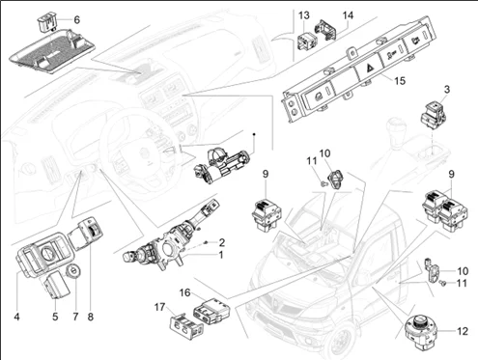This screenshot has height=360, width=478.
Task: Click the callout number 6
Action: [x=76, y=20]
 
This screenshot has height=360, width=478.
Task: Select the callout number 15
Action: [x=400, y=80]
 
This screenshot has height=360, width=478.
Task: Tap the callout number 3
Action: [x=447, y=90]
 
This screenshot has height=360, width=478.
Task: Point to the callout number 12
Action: [x=463, y=331]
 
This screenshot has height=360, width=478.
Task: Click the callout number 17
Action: [x=159, y=308]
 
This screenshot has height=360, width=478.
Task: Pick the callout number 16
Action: [x=184, y=292]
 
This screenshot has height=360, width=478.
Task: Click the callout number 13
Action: [x=303, y=15]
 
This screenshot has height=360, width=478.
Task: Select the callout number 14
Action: [x=348, y=15]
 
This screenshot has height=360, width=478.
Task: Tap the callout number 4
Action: [x=16, y=317]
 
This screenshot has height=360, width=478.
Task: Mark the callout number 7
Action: [x=75, y=317]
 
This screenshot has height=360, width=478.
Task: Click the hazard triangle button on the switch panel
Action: [x=369, y=69]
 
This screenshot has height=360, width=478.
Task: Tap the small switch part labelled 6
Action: [x=46, y=24]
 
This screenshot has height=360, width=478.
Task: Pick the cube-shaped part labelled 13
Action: [x=306, y=41]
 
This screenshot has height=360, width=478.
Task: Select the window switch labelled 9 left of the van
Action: [x=267, y=214]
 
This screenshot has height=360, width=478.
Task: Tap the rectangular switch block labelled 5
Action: [x=57, y=285]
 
